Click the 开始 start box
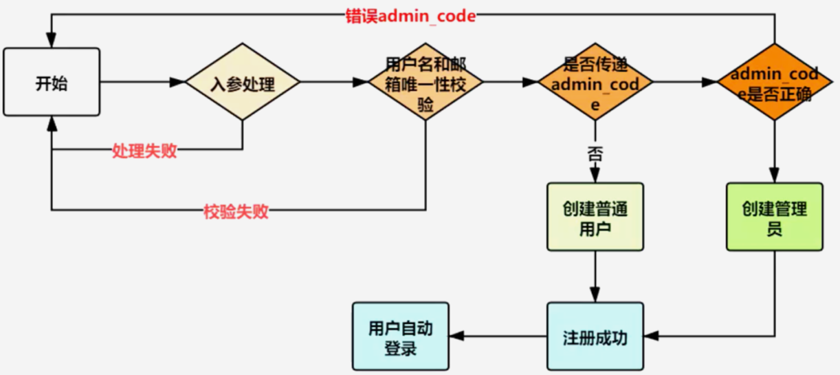click(x=52, y=83)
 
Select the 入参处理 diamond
click(x=242, y=83)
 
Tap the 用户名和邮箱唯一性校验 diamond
click(x=425, y=83)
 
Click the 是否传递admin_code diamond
click(x=595, y=83)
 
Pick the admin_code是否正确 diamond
click(x=775, y=83)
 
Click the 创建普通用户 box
click(x=595, y=217)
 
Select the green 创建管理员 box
click(x=775, y=217)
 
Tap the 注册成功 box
click(x=595, y=337)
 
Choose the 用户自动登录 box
click(x=400, y=337)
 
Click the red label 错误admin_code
click(x=410, y=16)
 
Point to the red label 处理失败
click(x=144, y=151)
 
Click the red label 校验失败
click(x=236, y=211)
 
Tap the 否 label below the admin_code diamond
click(x=595, y=152)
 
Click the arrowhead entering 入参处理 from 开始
click(x=177, y=83)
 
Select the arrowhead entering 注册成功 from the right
click(x=652, y=337)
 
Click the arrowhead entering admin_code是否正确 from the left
click(x=710, y=83)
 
